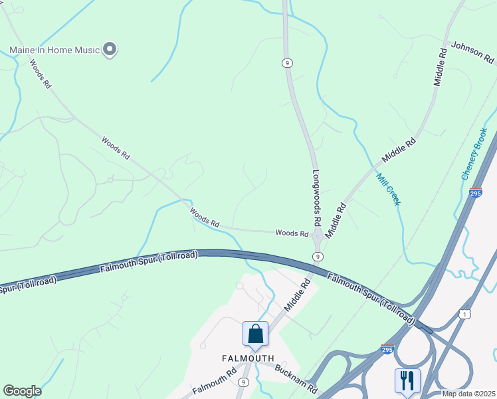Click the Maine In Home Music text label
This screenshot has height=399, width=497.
[x=54, y=50]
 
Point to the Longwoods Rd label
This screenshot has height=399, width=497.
[x=317, y=197]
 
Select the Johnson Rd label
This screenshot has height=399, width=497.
[x=472, y=53]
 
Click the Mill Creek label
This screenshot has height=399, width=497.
[x=388, y=189]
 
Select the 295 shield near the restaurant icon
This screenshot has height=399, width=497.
[x=387, y=348]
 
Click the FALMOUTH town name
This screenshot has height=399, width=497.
[x=247, y=358]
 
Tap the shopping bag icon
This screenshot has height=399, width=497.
[x=255, y=334]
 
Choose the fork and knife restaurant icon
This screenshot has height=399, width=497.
[x=407, y=380]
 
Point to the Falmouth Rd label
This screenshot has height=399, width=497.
[x=213, y=380]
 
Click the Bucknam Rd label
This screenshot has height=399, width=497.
[x=296, y=378]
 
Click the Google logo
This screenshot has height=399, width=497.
[x=22, y=391]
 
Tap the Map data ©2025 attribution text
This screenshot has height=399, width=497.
[x=469, y=394]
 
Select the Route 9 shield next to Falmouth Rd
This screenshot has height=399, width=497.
[x=245, y=382]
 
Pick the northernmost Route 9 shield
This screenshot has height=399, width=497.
[x=287, y=63]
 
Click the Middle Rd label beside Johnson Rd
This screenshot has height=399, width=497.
[x=441, y=66]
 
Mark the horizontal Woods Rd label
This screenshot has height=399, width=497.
[x=292, y=233]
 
